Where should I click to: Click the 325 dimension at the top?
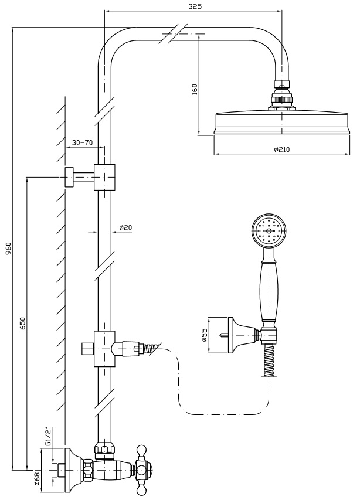pyautogui.click(x=196, y=6)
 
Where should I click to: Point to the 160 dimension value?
pyautogui.click(x=195, y=89)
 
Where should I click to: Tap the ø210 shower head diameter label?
pyautogui.click(x=282, y=149)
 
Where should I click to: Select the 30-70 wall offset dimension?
pyautogui.click(x=82, y=142)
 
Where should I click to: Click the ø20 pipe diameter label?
pyautogui.click(x=125, y=227)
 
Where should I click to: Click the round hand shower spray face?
pyautogui.click(x=269, y=230)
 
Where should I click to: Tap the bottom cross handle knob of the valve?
pyautogui.click(x=141, y=487)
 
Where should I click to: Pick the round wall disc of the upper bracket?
pyautogui.click(x=69, y=176)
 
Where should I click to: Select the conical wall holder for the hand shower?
pyautogui.click(x=238, y=335)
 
